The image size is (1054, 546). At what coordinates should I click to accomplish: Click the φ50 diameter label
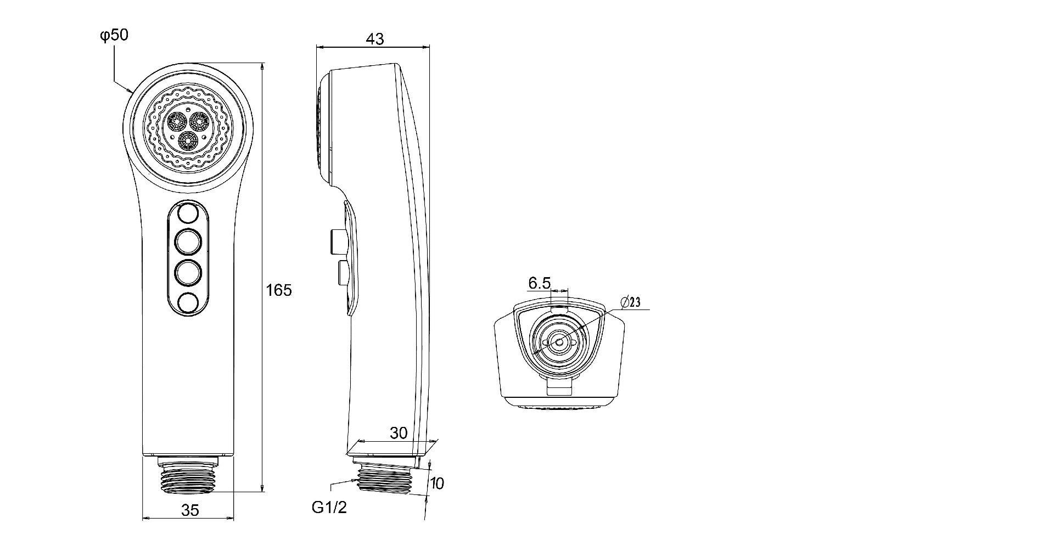pos(114,36)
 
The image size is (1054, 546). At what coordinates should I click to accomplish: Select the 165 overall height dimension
pos(279,290)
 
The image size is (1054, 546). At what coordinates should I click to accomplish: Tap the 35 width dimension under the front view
pos(190,510)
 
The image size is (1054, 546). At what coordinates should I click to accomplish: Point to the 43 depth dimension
pos(375,39)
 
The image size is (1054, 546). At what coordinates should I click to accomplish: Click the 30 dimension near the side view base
pos(399,433)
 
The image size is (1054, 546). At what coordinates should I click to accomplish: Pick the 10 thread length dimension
pos(437,483)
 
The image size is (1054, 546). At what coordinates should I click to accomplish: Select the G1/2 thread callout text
pos(329,508)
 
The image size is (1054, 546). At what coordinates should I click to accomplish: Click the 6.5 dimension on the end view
pos(539,283)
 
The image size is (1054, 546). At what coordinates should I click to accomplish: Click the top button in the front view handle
pos(188,212)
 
